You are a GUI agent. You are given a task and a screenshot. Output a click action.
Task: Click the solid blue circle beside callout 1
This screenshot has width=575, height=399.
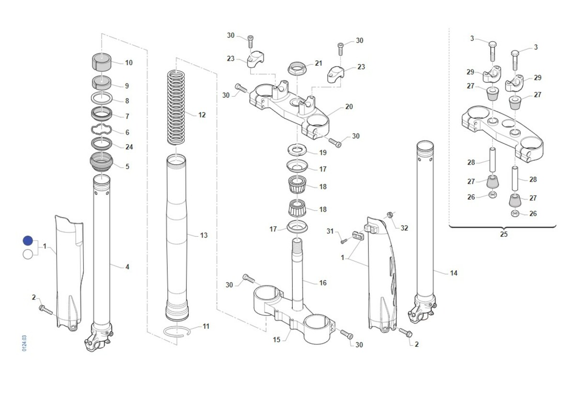[x=28, y=241]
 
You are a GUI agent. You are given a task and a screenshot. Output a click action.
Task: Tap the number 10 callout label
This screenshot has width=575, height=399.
[x=129, y=63]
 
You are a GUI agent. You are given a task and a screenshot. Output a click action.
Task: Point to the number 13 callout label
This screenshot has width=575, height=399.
[x=204, y=235]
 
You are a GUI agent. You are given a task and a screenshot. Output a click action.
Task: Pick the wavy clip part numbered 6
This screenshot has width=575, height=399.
[x=102, y=130]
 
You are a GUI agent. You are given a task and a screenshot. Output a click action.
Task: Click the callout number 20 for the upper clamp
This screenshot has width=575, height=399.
[x=349, y=107]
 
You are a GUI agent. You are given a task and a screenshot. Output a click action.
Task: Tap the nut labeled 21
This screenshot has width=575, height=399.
[x=297, y=68]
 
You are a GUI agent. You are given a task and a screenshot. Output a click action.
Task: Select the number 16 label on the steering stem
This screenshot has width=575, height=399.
[x=323, y=283]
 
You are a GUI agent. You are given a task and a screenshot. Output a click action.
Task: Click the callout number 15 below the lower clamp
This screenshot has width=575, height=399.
[x=276, y=340]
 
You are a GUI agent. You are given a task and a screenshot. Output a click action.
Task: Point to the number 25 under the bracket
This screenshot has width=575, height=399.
[x=504, y=234]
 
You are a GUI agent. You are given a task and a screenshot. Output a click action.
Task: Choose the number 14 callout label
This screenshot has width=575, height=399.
[x=454, y=273]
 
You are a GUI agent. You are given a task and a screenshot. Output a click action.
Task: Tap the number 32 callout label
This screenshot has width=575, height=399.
[x=404, y=228]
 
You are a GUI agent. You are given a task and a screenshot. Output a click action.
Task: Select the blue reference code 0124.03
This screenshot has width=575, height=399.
[x=24, y=343]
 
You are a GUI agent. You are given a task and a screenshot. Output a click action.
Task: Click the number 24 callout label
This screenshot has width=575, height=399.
[x=129, y=147]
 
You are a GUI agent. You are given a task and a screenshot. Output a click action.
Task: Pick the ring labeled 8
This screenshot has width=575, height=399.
[x=102, y=100]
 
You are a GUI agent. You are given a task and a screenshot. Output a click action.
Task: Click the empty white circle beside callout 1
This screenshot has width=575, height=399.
[x=28, y=254]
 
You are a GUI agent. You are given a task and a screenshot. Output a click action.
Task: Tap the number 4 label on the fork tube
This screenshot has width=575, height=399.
[x=127, y=267]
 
